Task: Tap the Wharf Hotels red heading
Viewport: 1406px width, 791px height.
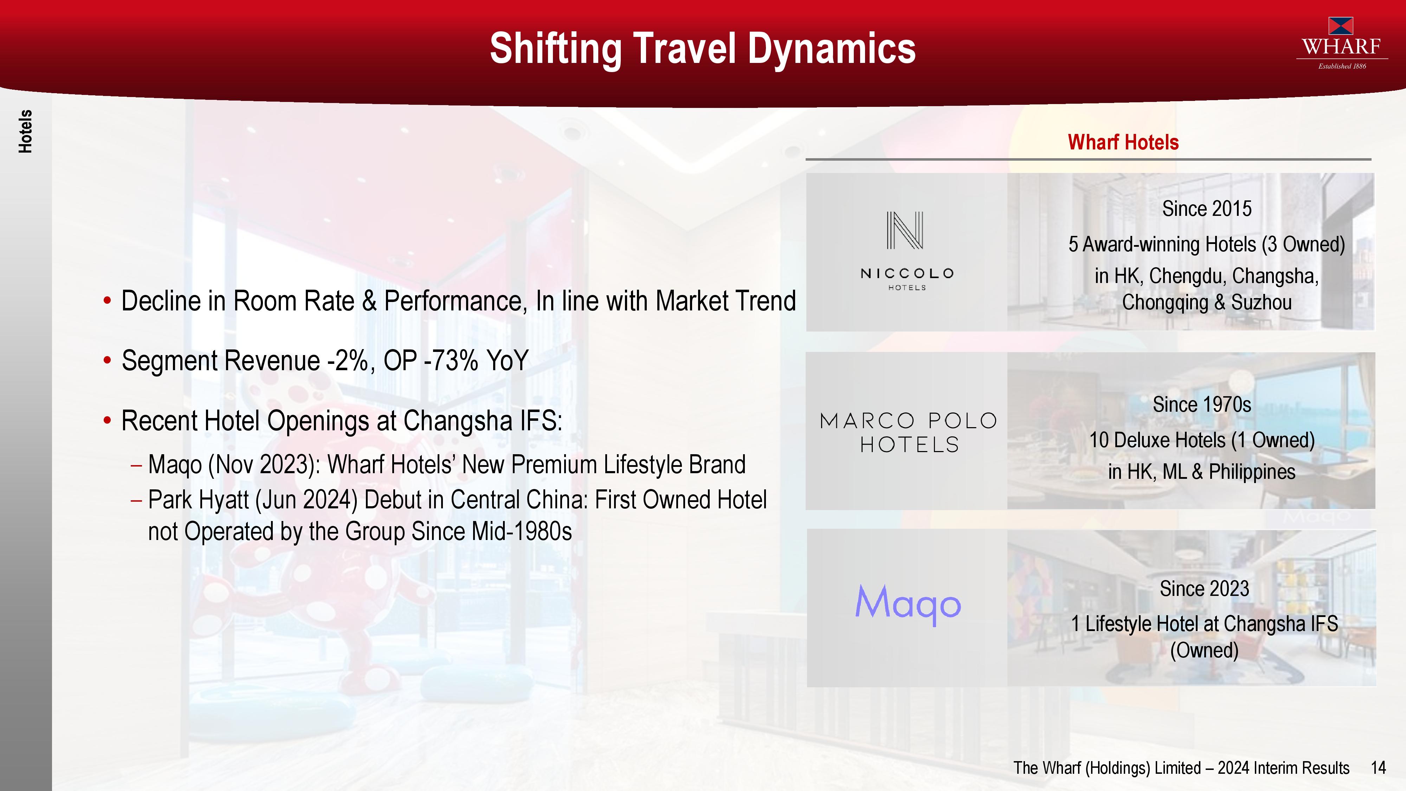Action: pos(1123,142)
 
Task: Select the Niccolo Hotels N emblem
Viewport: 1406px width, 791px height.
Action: pos(905,230)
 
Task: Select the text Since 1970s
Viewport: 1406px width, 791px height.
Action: pos(1202,405)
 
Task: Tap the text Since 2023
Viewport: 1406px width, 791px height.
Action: pos(1205,589)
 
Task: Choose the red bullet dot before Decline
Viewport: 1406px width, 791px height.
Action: pos(108,301)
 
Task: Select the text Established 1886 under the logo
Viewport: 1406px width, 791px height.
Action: pos(1342,66)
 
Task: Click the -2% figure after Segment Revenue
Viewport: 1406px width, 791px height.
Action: pos(347,361)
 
